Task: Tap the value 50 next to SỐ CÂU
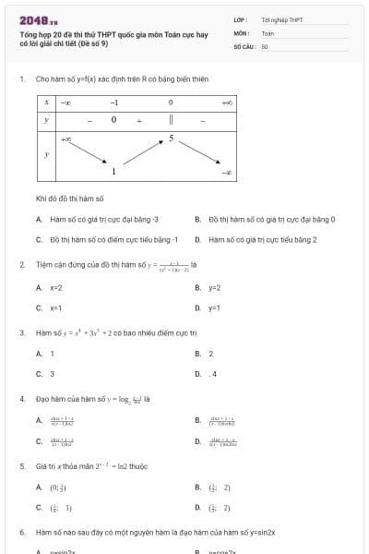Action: click(264, 44)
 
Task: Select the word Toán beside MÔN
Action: click(268, 31)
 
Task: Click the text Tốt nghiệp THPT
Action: click(281, 18)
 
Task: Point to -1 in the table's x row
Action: click(114, 102)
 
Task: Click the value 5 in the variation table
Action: click(171, 138)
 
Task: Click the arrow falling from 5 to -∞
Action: click(198, 154)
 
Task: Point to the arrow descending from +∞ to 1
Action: click(88, 155)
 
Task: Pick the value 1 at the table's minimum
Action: click(113, 172)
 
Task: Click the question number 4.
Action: click(21, 399)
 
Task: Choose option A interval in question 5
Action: click(57, 487)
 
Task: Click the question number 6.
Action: click(21, 533)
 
